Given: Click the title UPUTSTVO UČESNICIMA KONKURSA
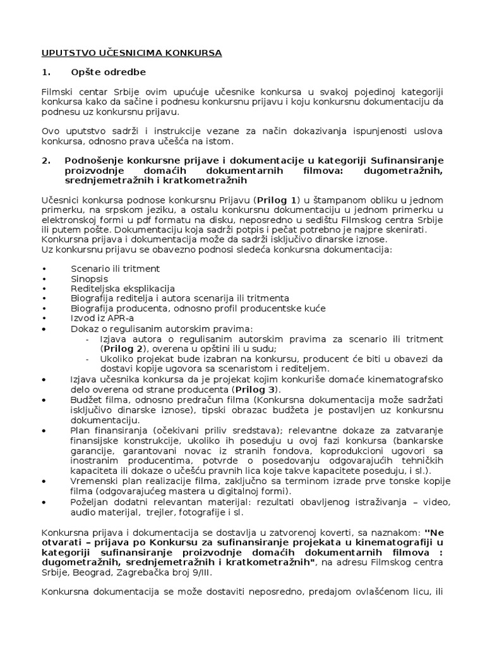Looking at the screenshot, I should [131, 53].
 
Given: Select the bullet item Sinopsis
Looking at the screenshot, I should [89, 278].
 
